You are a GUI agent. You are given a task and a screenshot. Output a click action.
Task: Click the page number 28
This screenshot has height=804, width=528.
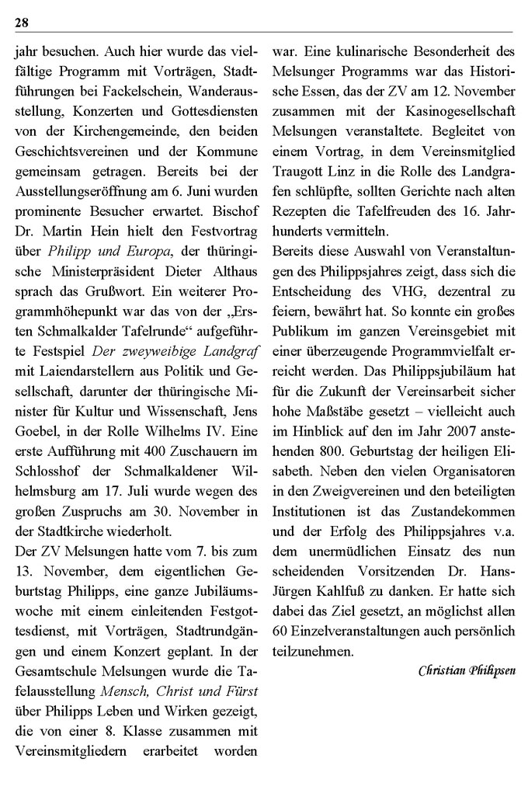coord(22,22)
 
